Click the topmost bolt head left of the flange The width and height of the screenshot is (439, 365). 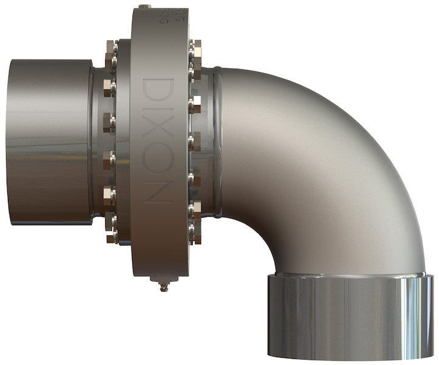[111, 48]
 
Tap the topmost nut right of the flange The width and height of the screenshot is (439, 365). [195, 46]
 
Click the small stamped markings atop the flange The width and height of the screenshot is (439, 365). [163, 17]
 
